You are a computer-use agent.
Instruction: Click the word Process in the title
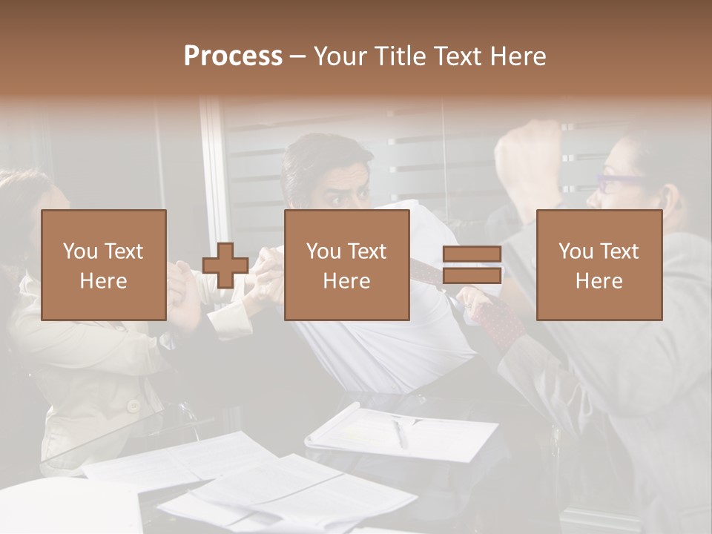pyautogui.click(x=233, y=56)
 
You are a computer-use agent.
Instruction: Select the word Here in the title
pyautogui.click(x=518, y=56)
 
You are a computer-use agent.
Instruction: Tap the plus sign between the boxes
pyautogui.click(x=225, y=265)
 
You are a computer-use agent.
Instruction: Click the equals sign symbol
pyautogui.click(x=472, y=265)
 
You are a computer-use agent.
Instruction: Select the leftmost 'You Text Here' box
pyautogui.click(x=103, y=265)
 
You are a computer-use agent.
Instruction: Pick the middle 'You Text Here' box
pyautogui.click(x=346, y=265)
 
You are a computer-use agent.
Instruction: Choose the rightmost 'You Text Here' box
pyautogui.click(x=599, y=265)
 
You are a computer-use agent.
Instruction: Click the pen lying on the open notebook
pyautogui.click(x=400, y=433)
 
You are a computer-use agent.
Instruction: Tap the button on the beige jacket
pyautogui.click(x=133, y=406)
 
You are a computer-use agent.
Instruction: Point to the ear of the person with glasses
pyautogui.click(x=670, y=198)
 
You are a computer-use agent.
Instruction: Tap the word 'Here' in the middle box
pyautogui.click(x=346, y=281)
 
